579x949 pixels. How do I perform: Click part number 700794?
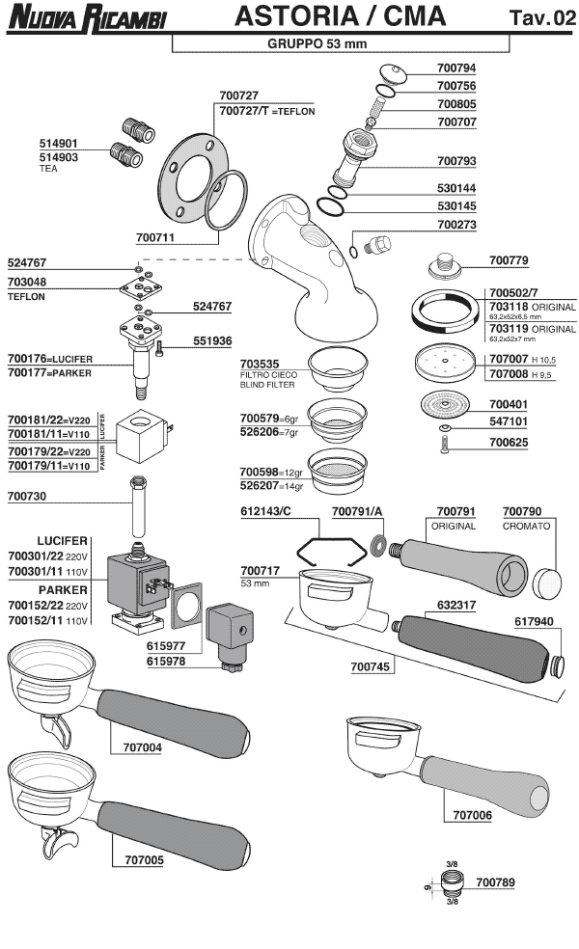click(456, 69)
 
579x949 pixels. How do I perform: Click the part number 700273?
click(456, 224)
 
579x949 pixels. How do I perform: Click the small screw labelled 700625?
click(444, 444)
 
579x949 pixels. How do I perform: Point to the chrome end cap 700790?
click(546, 580)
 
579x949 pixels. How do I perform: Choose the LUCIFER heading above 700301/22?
click(63, 540)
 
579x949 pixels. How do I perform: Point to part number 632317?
click(444, 606)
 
